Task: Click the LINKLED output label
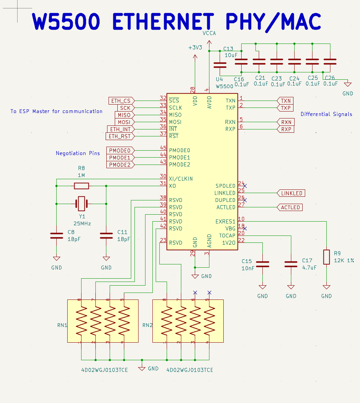click(x=291, y=193)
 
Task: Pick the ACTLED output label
click(x=290, y=207)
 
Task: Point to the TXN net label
click(x=285, y=101)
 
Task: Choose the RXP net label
click(x=286, y=129)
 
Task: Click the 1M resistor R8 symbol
click(x=81, y=186)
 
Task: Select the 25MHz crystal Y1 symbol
click(x=81, y=204)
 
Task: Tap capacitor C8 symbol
click(x=56, y=236)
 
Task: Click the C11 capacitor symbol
click(x=106, y=236)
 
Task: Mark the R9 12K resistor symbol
click(x=326, y=257)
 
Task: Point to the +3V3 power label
click(x=195, y=48)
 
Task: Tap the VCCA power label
click(x=209, y=33)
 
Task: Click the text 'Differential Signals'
click(x=326, y=114)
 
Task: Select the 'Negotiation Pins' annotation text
click(x=77, y=153)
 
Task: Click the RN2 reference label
click(x=148, y=325)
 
